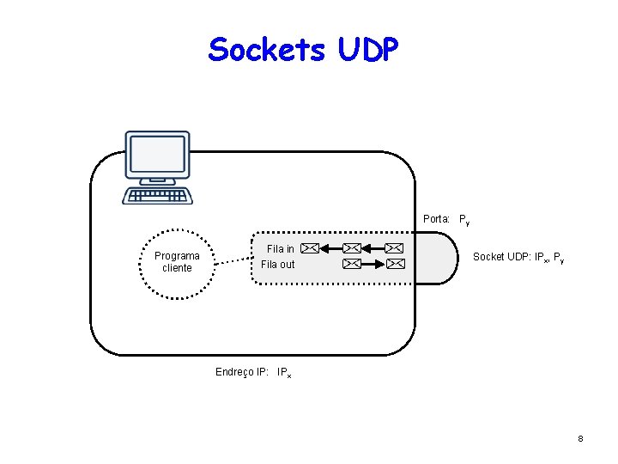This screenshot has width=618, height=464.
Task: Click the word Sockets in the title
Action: pyautogui.click(x=266, y=50)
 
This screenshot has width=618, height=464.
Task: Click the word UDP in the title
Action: pyautogui.click(x=368, y=50)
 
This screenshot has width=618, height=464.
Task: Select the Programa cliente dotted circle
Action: pyautogui.click(x=177, y=262)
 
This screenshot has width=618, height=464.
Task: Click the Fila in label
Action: pyautogui.click(x=280, y=249)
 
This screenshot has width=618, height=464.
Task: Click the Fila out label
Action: pyautogui.click(x=277, y=264)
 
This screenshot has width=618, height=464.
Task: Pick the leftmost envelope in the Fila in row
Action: pyautogui.click(x=311, y=248)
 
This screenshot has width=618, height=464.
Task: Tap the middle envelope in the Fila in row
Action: pyautogui.click(x=352, y=248)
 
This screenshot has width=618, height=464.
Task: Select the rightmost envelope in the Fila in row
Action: pyautogui.click(x=394, y=248)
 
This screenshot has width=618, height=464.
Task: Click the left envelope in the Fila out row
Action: pyautogui.click(x=352, y=264)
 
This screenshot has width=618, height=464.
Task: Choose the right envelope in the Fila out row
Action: pyautogui.click(x=394, y=264)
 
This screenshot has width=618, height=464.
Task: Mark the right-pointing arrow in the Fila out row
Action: pyautogui.click(x=373, y=264)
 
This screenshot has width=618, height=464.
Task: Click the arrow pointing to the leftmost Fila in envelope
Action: pyautogui.click(x=331, y=248)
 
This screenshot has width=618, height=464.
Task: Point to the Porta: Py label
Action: pyautogui.click(x=446, y=219)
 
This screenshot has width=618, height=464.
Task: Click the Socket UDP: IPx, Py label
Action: pyautogui.click(x=518, y=257)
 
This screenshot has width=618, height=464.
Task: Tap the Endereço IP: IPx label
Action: pyautogui.click(x=253, y=372)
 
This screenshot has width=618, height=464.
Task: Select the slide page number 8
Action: pyautogui.click(x=580, y=439)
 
